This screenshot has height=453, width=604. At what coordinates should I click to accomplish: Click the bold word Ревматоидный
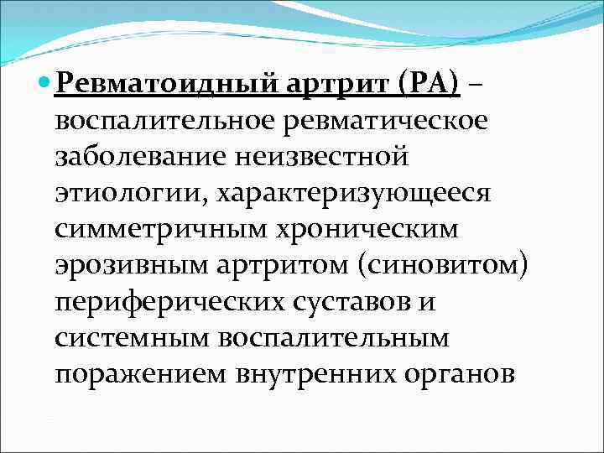tap(168, 83)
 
